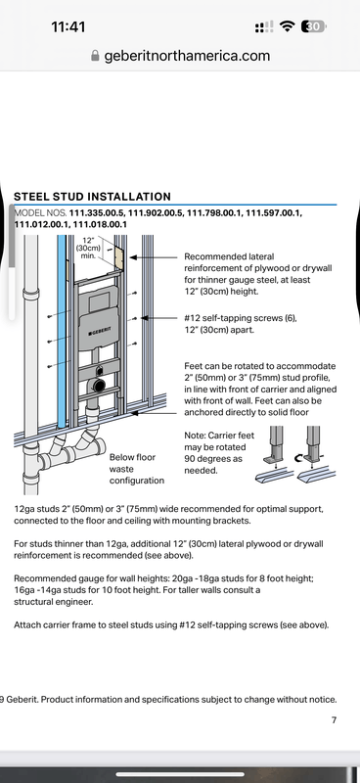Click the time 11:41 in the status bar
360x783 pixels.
point(68,27)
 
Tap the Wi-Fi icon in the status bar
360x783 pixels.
point(287,26)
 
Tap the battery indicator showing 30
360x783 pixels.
point(313,26)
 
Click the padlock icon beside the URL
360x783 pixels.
point(95,56)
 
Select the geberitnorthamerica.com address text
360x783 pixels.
point(187,56)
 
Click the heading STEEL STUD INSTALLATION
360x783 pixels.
point(92,197)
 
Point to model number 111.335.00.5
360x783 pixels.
point(97,213)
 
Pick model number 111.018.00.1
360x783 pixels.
point(100,224)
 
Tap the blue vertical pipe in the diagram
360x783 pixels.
point(62,331)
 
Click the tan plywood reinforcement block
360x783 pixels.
point(118,258)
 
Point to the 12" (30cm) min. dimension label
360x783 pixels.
point(88,248)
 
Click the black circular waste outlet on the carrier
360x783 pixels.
point(99,385)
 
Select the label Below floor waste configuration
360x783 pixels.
point(137,469)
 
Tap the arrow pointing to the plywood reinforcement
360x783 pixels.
point(154,257)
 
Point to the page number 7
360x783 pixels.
point(334,719)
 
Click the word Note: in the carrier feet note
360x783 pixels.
point(196,436)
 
